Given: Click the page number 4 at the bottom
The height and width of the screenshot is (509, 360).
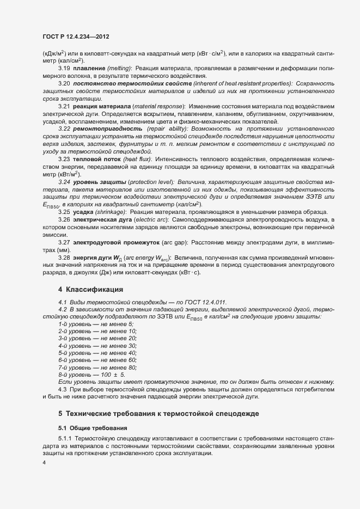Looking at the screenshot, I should (44, 463).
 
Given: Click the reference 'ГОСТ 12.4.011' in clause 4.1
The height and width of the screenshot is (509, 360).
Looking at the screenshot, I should (205, 302).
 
